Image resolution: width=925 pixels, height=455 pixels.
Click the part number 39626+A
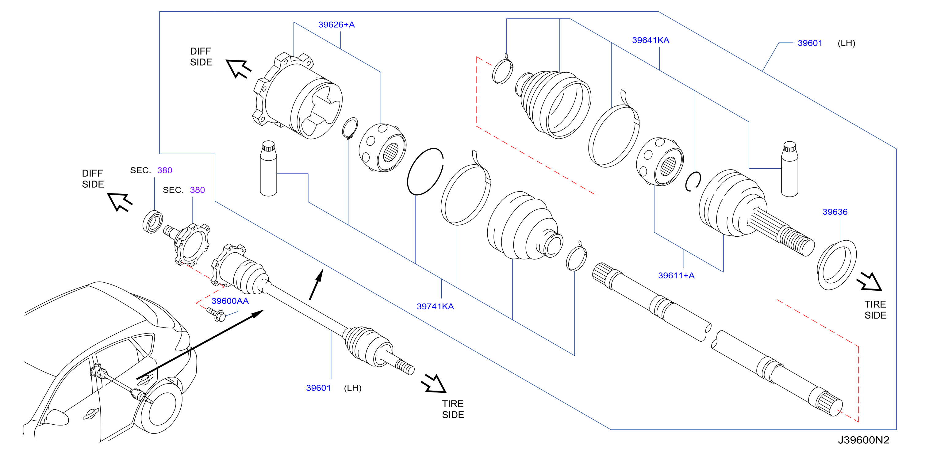(336, 25)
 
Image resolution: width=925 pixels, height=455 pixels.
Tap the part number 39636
(835, 212)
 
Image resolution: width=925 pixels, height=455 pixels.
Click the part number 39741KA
(435, 306)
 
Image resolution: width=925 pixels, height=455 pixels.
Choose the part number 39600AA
(230, 301)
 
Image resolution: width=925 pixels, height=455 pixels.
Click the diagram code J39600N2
(863, 440)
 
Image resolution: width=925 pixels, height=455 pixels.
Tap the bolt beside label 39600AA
(216, 314)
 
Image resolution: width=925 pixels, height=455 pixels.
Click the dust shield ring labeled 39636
(836, 265)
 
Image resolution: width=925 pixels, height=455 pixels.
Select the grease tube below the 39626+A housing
(268, 168)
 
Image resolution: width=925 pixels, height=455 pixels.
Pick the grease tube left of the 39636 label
(790, 169)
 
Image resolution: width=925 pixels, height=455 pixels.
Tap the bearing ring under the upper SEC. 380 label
(153, 222)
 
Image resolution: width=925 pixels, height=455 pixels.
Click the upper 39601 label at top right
(810, 43)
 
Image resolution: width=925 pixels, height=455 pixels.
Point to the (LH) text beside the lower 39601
(353, 388)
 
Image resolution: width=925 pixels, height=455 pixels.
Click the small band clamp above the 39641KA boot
(503, 70)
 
